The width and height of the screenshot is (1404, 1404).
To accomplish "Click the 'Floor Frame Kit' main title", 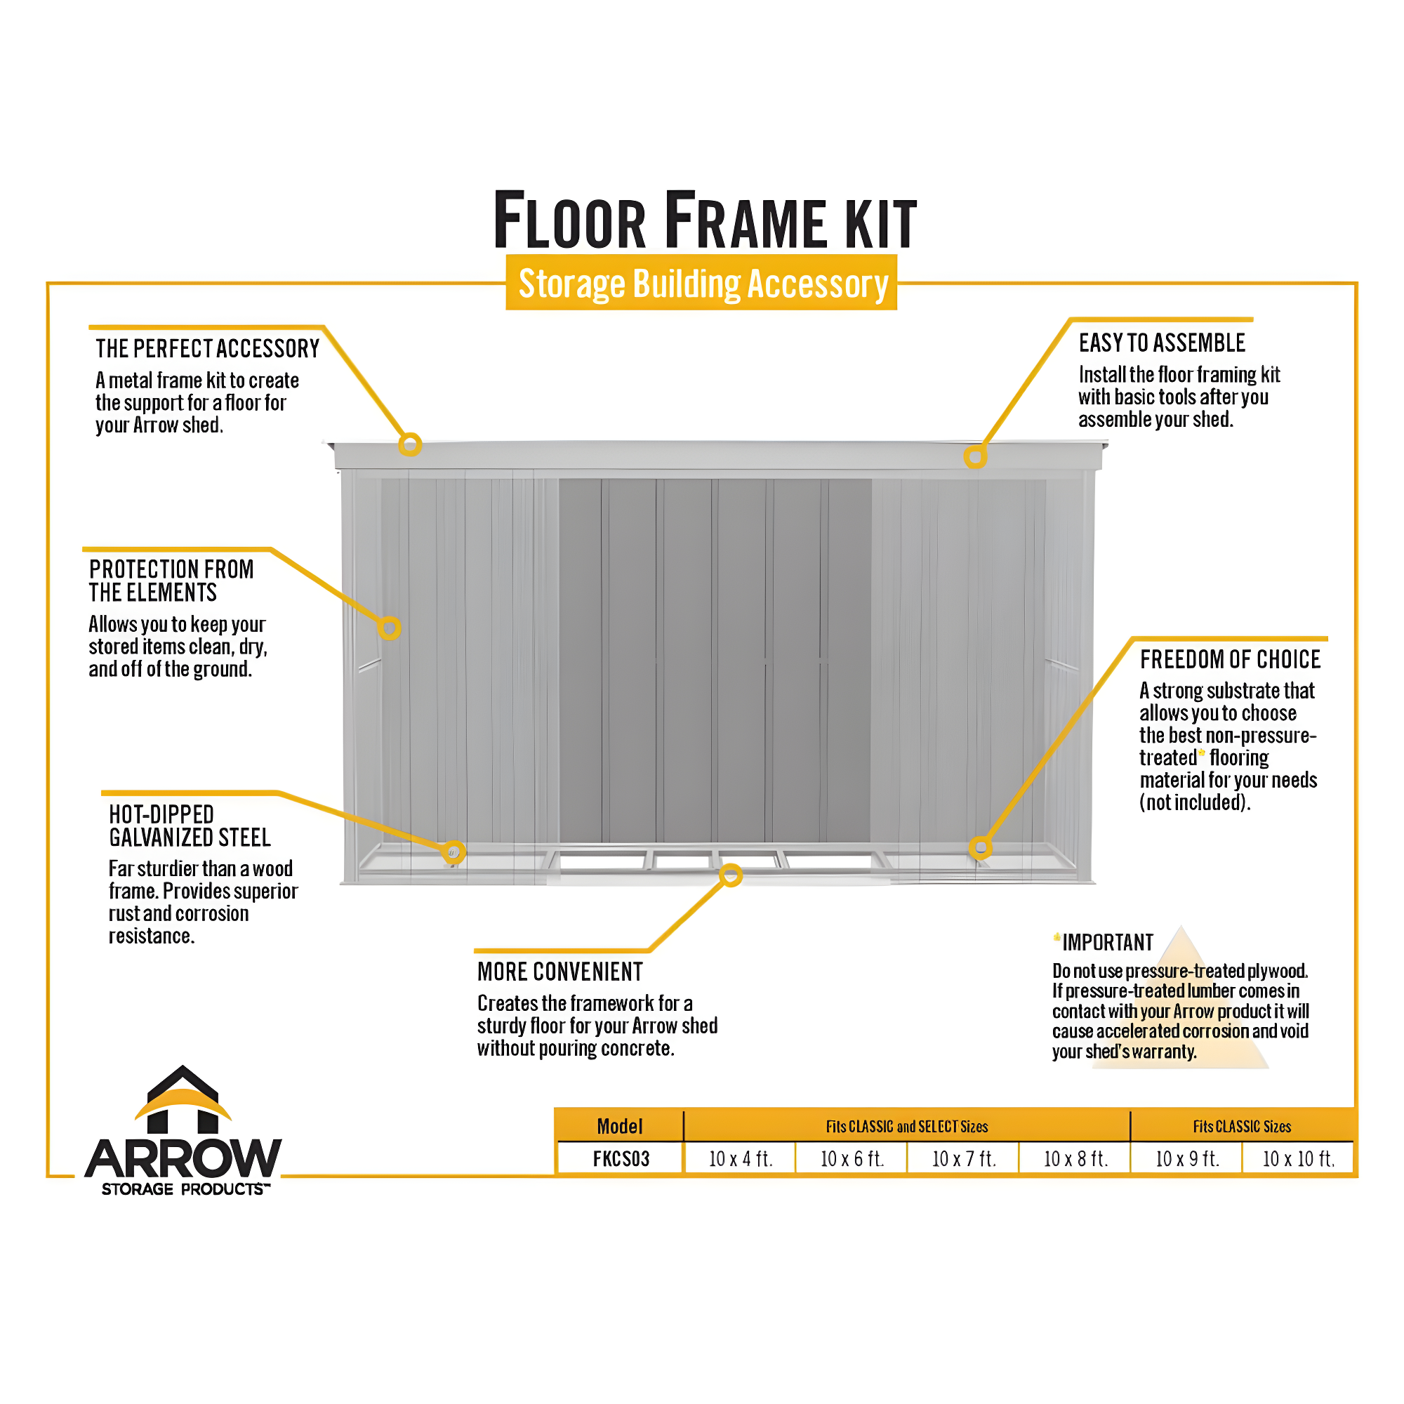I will point(705,220).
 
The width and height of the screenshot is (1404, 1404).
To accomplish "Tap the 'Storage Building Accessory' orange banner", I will point(702,284).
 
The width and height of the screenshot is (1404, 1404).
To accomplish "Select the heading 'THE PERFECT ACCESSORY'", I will point(208,349).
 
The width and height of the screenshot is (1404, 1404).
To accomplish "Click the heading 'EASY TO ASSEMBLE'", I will point(1162,343).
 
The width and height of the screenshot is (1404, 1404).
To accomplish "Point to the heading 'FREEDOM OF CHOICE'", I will point(1231,659).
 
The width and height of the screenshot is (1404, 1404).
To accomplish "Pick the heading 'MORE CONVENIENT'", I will point(560,972).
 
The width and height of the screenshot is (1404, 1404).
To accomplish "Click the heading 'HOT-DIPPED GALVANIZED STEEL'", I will point(190,826).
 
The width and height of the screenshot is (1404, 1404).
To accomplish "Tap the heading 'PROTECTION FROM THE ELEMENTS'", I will point(171,581).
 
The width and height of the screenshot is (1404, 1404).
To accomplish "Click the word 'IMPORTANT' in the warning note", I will point(1108,943).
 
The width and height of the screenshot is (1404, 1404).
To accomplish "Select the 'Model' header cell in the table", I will point(620,1127).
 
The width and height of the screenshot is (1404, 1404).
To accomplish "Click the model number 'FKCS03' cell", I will point(621,1159).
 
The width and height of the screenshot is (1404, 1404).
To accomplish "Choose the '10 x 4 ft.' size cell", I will point(741,1159).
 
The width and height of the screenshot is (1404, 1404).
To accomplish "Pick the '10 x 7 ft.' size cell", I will point(964,1159).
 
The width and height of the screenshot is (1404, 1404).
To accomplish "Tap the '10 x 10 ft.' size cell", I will point(1299,1159).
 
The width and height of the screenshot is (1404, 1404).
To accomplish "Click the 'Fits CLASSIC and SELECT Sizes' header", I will point(907,1127).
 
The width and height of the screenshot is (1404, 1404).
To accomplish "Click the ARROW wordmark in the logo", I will point(183,1158).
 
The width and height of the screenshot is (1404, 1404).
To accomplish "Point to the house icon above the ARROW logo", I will point(183,1099).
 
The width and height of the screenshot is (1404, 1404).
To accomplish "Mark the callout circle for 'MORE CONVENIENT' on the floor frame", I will point(731,875).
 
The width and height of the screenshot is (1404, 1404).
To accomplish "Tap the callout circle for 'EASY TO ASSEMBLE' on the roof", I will point(975,456).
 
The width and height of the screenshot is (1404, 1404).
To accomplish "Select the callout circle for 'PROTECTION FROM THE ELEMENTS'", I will point(390,628).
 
